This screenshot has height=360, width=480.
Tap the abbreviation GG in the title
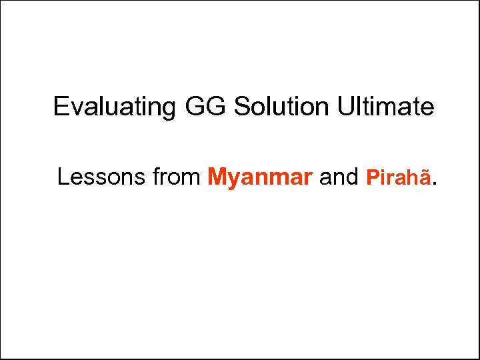pyautogui.click(x=202, y=106)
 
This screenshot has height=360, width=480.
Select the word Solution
pyautogui.click(x=283, y=106)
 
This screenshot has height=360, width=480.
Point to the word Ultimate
pyautogui.click(x=388, y=106)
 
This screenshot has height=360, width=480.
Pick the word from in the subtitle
pyautogui.click(x=177, y=177)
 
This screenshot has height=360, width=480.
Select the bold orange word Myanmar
pyautogui.click(x=260, y=177)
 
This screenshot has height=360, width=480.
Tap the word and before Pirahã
pyautogui.click(x=339, y=177)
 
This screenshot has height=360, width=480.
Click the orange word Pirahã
pyautogui.click(x=399, y=177)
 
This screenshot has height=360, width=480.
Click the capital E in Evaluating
pyautogui.click(x=61, y=106)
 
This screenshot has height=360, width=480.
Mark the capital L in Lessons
pyautogui.click(x=63, y=177)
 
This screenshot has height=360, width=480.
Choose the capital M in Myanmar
pyautogui.click(x=217, y=177)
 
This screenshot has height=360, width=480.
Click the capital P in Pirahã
pyautogui.click(x=372, y=177)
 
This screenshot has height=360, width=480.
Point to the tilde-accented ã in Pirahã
pyautogui.click(x=427, y=178)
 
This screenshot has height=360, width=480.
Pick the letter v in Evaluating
pyautogui.click(x=75, y=108)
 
